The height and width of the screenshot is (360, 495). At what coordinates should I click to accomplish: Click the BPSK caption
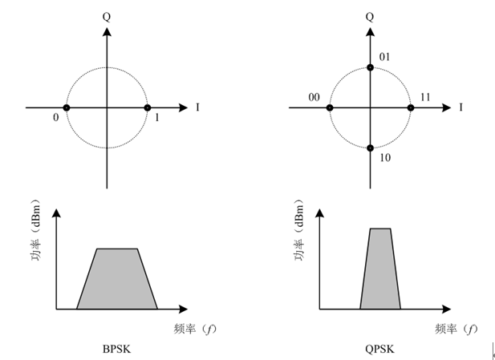116,349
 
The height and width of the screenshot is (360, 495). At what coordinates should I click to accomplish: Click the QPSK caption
379,349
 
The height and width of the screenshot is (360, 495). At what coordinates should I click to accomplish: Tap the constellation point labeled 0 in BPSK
67,108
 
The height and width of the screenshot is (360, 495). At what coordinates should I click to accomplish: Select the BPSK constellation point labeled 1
147,108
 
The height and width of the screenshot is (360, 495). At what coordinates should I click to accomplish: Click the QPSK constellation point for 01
371,67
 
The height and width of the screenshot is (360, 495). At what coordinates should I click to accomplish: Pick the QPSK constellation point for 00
330,108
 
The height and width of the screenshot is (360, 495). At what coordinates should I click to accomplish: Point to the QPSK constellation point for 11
411,108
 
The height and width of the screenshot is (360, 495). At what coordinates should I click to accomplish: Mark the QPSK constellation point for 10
371,148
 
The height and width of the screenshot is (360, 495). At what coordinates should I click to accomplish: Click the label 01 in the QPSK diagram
384,57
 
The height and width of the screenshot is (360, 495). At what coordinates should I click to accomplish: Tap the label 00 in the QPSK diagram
314,98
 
